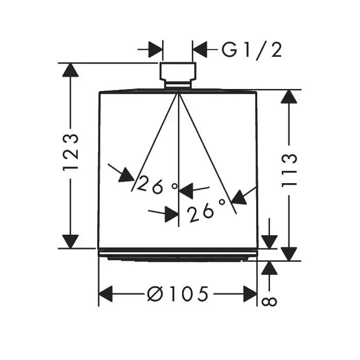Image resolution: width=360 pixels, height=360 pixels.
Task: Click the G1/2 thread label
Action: pos(251,50)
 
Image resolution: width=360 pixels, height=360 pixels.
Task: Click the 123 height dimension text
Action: pos(70,153)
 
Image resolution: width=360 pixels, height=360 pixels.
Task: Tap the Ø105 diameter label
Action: pos(178,294)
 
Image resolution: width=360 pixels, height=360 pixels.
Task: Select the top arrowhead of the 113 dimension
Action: pos(290,97)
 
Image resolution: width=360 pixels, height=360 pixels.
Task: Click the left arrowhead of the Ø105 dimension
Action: pos(106,294)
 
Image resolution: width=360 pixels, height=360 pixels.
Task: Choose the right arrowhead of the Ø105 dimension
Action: pos(249,294)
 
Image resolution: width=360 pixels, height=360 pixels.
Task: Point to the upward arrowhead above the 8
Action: pos(269,268)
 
